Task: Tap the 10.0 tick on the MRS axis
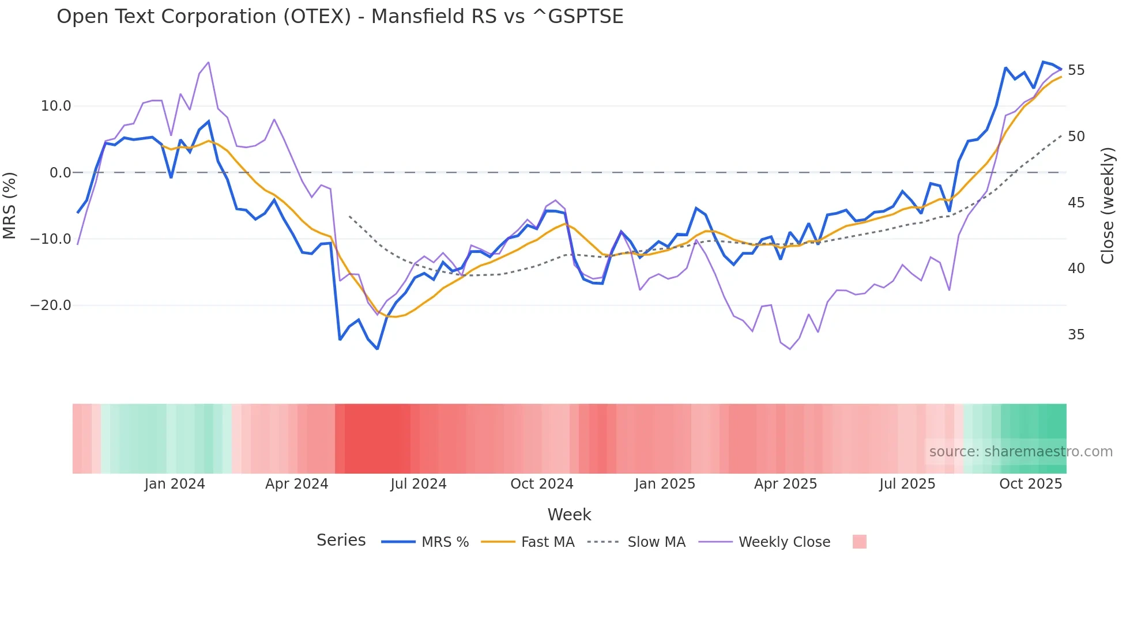(56, 106)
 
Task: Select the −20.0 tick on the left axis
(51, 305)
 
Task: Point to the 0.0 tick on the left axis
(61, 173)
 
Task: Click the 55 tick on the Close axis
(1076, 70)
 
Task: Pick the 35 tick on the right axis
(1076, 335)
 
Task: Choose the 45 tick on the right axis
(1076, 203)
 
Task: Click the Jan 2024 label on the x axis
(174, 484)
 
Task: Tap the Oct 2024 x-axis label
(541, 484)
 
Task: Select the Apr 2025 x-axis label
(785, 484)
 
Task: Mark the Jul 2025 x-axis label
(907, 484)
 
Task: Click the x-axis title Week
(569, 515)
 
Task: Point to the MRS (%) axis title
(10, 206)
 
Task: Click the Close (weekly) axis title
(1107, 206)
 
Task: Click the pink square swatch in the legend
(859, 542)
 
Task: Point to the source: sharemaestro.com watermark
(1020, 452)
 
